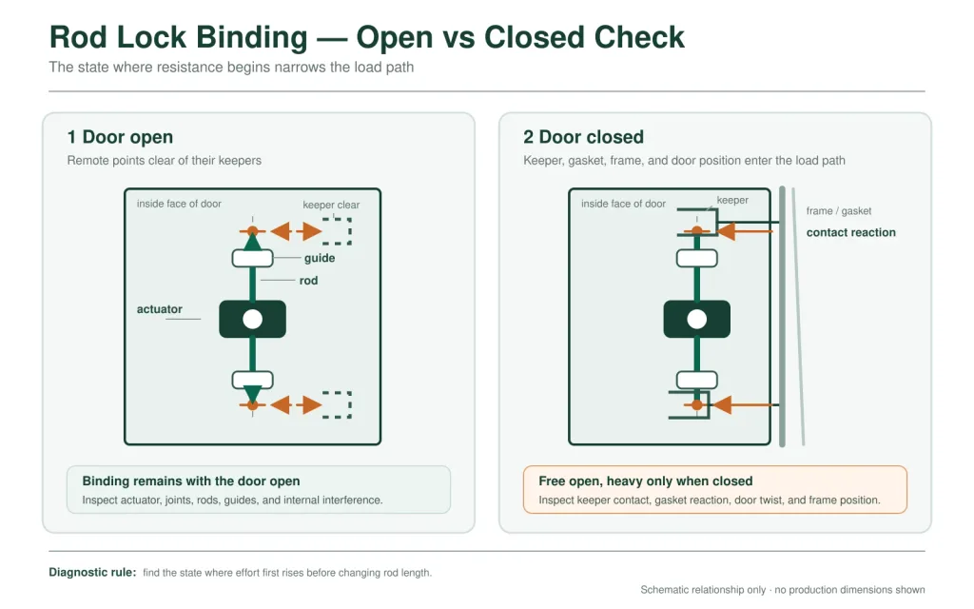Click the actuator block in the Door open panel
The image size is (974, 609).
pyautogui.click(x=252, y=319)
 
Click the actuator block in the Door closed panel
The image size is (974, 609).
pyautogui.click(x=696, y=319)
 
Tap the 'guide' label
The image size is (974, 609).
pyautogui.click(x=320, y=258)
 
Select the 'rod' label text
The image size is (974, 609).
pyautogui.click(x=308, y=281)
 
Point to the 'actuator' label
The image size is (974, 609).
pyautogui.click(x=160, y=309)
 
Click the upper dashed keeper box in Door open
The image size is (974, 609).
pyautogui.click(x=337, y=230)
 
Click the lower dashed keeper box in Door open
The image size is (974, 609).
pyautogui.click(x=337, y=404)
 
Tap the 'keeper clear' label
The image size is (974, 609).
pyautogui.click(x=331, y=205)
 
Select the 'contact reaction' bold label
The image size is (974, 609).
pyautogui.click(x=851, y=232)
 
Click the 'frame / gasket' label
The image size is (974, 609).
pyautogui.click(x=839, y=210)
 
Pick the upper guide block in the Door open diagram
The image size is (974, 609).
pyautogui.click(x=252, y=258)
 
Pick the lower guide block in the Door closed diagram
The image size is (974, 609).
pyautogui.click(x=696, y=380)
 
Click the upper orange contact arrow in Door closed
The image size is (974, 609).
pyautogui.click(x=744, y=231)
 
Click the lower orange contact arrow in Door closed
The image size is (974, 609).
pyautogui.click(x=744, y=405)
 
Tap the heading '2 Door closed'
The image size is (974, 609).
pyautogui.click(x=583, y=137)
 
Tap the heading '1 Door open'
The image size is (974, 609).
pyautogui.click(x=120, y=137)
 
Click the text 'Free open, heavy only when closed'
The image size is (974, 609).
pyautogui.click(x=646, y=481)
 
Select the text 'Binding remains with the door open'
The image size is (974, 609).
pyautogui.click(x=190, y=481)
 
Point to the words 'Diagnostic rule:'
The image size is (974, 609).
pyautogui.click(x=92, y=572)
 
